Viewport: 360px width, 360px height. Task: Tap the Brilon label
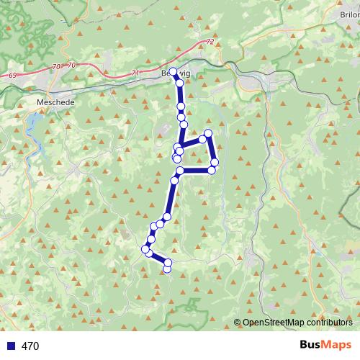coord(349,14)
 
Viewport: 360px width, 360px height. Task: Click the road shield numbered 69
coord(14,75)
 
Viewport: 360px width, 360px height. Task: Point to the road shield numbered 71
coord(135,73)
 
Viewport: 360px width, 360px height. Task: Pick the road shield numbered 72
coord(210,43)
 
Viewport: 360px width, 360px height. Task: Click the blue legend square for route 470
coord(12,346)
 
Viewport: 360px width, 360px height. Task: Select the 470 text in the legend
coord(31,346)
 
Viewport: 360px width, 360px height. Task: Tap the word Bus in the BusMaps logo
coord(311,346)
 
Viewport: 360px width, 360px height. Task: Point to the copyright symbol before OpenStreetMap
coord(238,323)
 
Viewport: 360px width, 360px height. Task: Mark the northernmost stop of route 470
coord(173,71)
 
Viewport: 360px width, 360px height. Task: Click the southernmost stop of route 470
coord(167,269)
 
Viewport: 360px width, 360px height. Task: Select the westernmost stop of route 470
coord(145,249)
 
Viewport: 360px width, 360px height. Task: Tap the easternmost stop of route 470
coord(215,163)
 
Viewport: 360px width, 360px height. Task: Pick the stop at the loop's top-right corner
coord(208,133)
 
